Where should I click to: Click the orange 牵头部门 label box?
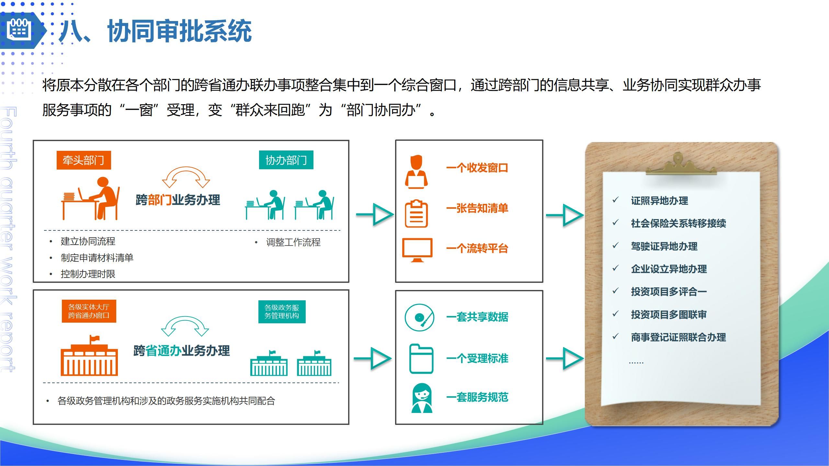[x=84, y=160]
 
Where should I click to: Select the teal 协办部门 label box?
[x=286, y=160]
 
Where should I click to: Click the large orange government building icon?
[x=89, y=358]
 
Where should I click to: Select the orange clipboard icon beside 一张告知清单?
[x=416, y=214]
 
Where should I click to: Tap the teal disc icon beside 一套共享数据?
[x=419, y=317]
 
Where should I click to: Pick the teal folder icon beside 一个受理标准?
[x=421, y=359]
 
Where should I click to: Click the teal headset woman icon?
[x=422, y=398]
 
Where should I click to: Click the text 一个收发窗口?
[x=477, y=168]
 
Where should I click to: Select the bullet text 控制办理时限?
[x=88, y=274]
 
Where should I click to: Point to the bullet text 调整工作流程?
[x=293, y=242]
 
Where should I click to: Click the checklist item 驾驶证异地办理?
[x=664, y=246]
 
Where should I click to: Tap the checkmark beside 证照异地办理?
[x=615, y=200]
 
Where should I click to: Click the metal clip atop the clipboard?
[x=681, y=165]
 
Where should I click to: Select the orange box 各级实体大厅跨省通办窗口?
[x=89, y=311]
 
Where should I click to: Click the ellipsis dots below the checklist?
[x=636, y=363]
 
